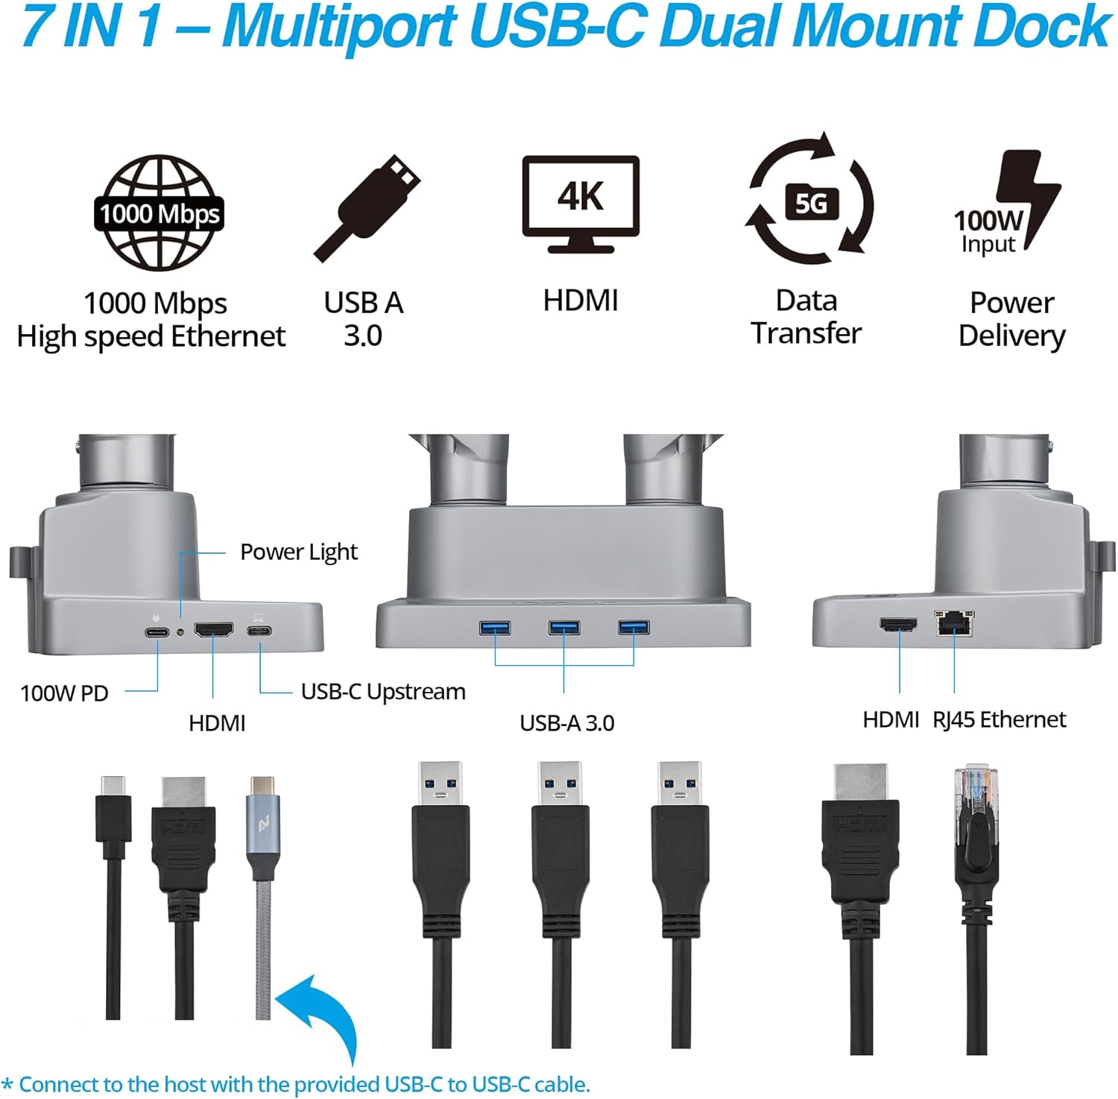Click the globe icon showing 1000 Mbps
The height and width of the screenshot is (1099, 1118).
click(159, 212)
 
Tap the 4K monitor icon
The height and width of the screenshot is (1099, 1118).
click(581, 203)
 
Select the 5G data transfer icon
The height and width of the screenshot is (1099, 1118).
click(810, 200)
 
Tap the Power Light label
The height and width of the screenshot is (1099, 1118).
click(298, 552)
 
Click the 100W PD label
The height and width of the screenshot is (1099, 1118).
click(64, 693)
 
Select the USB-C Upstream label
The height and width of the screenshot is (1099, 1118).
click(383, 692)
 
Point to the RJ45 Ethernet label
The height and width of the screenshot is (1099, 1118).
click(999, 719)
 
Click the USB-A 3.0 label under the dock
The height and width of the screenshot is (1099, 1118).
click(566, 722)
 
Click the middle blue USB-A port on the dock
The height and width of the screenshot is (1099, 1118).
click(564, 627)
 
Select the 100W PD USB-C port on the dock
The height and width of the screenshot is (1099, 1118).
click(157, 632)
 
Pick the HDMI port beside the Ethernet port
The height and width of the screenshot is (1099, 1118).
click(899, 625)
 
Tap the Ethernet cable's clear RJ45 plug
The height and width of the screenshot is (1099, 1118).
click(976, 790)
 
